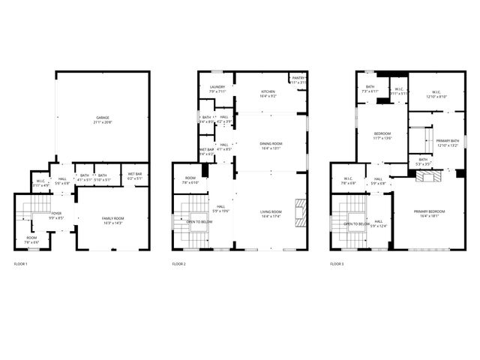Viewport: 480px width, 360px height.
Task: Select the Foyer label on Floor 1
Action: tap(56, 215)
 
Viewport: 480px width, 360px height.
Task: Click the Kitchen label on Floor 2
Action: tap(268, 94)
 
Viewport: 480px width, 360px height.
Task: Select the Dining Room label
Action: tap(271, 145)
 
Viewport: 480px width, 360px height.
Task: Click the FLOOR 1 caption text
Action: tap(21, 264)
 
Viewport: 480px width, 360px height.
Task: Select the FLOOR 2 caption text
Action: tap(179, 264)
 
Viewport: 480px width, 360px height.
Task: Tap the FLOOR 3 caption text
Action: tap(337, 264)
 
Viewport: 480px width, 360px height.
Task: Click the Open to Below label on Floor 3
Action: tap(355, 223)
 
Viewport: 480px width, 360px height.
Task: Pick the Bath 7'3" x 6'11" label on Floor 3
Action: tap(370, 88)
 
